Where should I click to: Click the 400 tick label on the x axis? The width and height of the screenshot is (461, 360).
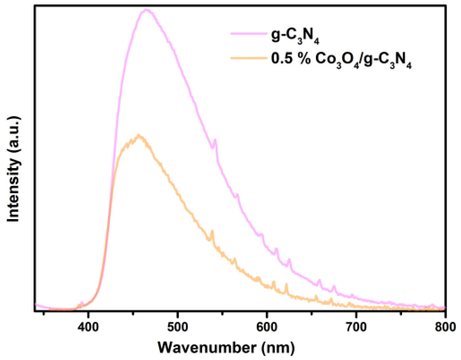click(88, 327)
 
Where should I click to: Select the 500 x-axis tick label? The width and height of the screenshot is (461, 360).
click(178, 327)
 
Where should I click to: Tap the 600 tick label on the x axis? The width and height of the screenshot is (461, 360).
click(267, 327)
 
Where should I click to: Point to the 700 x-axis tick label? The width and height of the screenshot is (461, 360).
click(356, 327)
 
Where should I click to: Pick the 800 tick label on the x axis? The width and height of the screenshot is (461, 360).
click(445, 327)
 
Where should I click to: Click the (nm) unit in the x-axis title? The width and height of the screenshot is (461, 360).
click(278, 348)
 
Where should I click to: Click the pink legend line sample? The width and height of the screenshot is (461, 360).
click(248, 34)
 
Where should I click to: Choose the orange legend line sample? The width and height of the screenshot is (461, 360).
click(248, 58)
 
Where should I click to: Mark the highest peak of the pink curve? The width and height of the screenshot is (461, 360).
click(147, 10)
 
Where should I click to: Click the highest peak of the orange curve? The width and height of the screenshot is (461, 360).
click(139, 135)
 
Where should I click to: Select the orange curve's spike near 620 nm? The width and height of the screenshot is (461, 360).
click(286, 284)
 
